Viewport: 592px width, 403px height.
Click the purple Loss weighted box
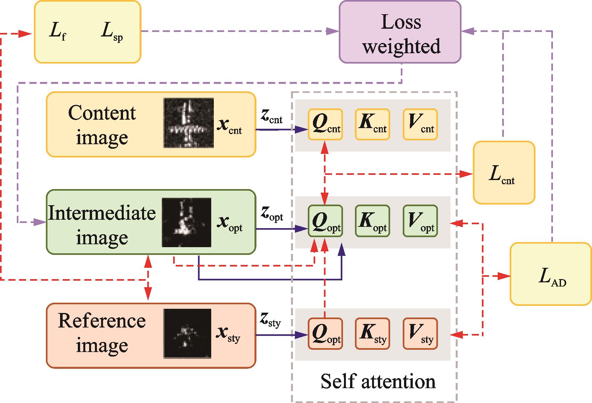[400, 32]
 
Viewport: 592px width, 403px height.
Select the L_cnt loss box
[504, 173]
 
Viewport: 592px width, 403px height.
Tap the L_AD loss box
[551, 274]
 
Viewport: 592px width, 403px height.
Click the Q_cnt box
[325, 125]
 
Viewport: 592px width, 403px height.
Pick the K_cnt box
[372, 125]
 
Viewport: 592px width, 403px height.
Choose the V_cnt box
[420, 125]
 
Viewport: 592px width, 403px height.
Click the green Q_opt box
[325, 221]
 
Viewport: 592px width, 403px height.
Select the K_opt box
[372, 221]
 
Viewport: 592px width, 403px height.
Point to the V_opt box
[420, 221]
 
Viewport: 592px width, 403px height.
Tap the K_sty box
[372, 334]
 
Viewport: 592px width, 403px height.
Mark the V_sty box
[420, 334]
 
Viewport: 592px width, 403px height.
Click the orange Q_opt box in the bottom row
[325, 334]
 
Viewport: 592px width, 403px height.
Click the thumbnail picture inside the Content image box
[189, 123]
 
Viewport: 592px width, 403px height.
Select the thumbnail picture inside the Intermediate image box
[186, 223]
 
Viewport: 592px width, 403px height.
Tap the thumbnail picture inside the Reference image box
[187, 334]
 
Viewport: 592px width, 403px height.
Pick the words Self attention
[378, 381]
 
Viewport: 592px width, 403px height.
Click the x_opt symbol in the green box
[229, 223]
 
